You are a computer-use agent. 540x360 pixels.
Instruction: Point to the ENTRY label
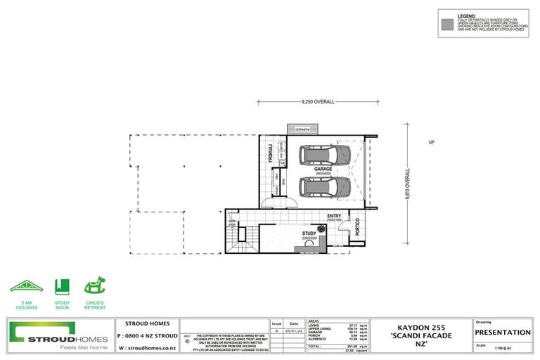point(334,217)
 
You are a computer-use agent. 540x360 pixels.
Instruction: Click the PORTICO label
point(358,227)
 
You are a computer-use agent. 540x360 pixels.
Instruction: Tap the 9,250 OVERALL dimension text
point(317,102)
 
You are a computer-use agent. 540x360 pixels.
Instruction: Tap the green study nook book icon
point(62,286)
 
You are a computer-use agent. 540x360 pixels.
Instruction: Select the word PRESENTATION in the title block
point(503,333)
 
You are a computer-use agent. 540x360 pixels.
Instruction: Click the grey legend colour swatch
point(446,24)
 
